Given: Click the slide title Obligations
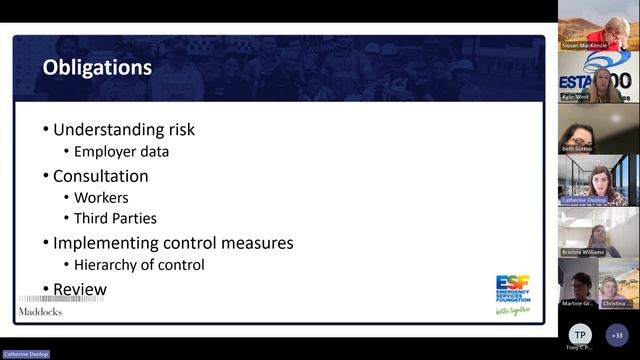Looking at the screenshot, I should point(97,68).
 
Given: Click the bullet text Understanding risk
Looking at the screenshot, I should point(124,130).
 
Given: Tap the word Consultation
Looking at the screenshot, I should point(100,175).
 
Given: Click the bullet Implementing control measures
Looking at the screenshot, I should point(173,242).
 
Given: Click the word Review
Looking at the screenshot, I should point(80,289).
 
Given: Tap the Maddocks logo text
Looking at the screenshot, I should point(40,311).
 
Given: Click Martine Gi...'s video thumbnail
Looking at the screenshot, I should point(579,285).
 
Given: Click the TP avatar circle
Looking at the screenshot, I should point(579,335).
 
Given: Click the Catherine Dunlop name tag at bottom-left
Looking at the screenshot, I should point(24,354).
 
